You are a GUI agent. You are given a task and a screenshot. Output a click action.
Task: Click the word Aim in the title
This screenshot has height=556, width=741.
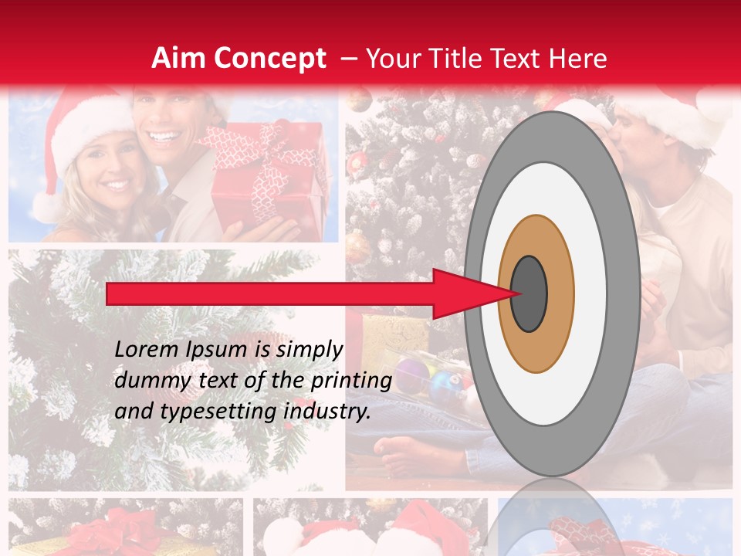coord(178,59)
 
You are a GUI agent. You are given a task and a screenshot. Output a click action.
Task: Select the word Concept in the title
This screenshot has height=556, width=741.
coord(269,59)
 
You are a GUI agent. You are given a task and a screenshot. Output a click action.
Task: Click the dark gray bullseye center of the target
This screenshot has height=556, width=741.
coord(529,293)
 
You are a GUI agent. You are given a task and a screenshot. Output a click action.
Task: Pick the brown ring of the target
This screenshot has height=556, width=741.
coord(536,239)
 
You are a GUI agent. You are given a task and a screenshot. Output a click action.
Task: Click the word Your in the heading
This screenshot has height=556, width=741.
coord(391,59)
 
